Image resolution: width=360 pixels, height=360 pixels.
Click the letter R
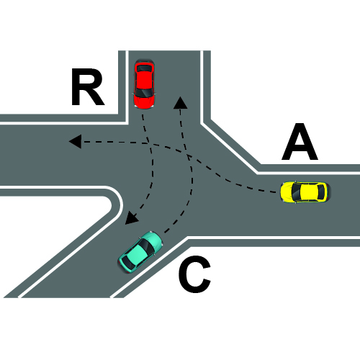coord(88,87)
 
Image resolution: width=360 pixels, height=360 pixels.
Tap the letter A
coord(300,142)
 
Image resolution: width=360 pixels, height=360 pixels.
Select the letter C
coord(194,274)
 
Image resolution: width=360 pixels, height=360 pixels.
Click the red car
coord(144,84)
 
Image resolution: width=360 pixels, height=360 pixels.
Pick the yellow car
coord(305,192)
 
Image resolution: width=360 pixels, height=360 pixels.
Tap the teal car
coord(140,252)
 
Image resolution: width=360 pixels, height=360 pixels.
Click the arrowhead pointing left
coord(75,141)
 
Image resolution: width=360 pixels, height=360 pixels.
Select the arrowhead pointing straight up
coord(180,103)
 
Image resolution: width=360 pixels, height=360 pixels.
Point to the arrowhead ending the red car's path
coord(131,218)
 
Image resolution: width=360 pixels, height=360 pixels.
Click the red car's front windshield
coord(143,92)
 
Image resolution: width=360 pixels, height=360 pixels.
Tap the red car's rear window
coord(144,68)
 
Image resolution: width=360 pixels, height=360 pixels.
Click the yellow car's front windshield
coord(296,192)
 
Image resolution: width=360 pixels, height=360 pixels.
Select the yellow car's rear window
coord(320,192)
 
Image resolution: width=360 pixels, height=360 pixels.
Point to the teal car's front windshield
coord(147,246)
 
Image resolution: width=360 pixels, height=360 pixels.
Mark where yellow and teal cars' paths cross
coord(189,157)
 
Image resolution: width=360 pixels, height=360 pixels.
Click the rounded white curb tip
coord(118,204)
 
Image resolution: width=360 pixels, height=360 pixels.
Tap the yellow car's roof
coord(309,192)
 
